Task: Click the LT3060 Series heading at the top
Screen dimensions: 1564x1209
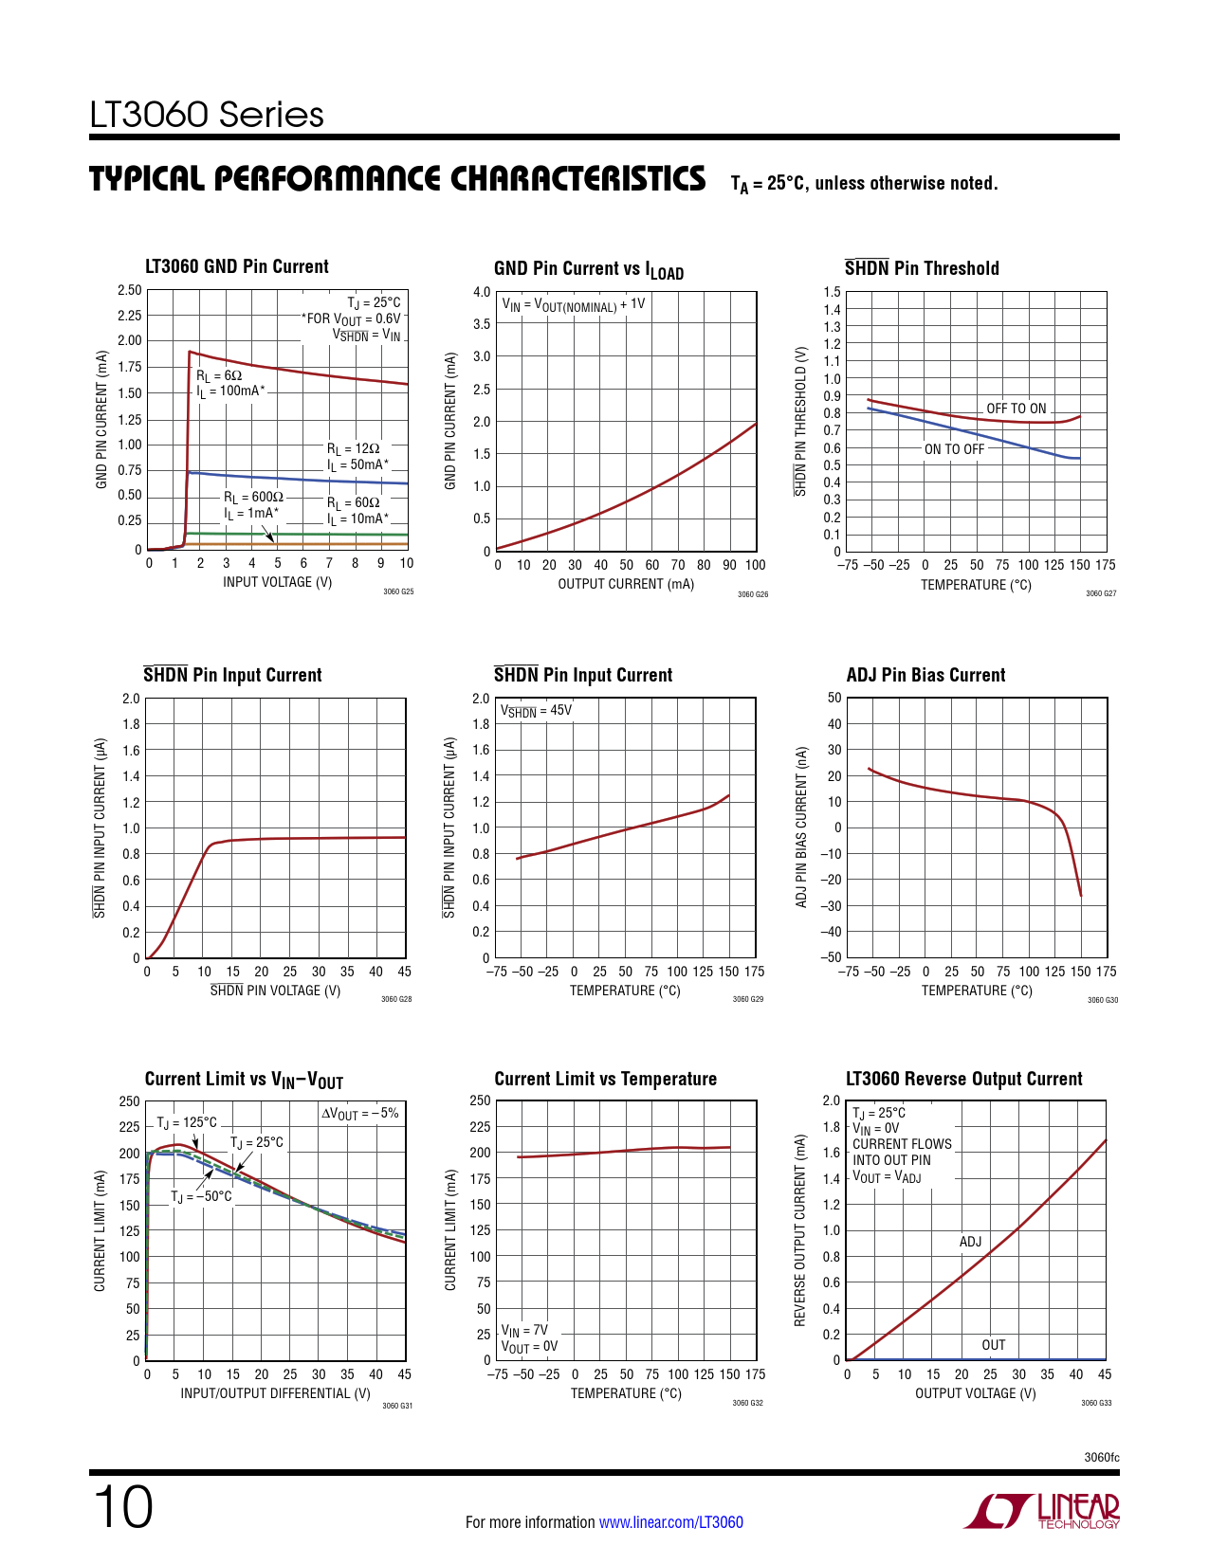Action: (x=207, y=116)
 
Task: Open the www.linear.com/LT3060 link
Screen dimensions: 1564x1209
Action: (x=670, y=1522)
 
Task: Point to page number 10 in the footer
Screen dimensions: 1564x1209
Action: (x=122, y=1507)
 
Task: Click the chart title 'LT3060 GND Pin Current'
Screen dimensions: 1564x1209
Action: (x=236, y=267)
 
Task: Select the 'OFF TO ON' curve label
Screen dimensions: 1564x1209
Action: (x=1016, y=409)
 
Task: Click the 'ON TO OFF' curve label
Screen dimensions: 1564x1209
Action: (x=954, y=449)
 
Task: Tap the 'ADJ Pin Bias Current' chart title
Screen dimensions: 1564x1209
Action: (x=925, y=675)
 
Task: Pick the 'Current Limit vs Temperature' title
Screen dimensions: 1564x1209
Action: (x=605, y=1079)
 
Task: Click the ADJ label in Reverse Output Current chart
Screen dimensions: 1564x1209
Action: (x=970, y=1242)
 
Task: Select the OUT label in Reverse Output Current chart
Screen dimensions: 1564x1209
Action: (x=993, y=1345)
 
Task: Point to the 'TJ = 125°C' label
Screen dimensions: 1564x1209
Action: (x=187, y=1122)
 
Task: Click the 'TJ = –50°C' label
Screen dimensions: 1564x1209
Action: (x=201, y=1196)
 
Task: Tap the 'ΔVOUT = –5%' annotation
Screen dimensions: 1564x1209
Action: (x=359, y=1114)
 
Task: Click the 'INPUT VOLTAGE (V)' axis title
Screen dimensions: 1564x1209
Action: (x=277, y=582)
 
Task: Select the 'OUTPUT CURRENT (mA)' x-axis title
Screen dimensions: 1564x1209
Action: (x=626, y=584)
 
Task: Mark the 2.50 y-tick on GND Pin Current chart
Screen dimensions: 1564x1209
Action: (x=129, y=290)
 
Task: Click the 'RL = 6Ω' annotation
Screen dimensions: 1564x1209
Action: (x=219, y=375)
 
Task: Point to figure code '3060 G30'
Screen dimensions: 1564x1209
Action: (x=1102, y=1000)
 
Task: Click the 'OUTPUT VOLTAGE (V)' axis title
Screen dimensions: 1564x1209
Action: (x=975, y=1393)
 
